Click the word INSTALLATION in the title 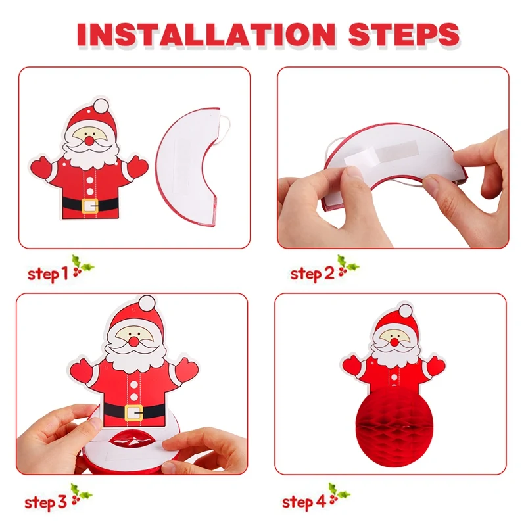tap(206, 35)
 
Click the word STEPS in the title tap(404, 35)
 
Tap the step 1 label tap(47, 274)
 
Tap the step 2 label tap(312, 274)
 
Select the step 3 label tap(45, 502)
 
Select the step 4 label tap(304, 502)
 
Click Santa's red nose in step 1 tap(89, 140)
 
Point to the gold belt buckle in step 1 tap(89, 206)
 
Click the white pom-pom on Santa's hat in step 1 tap(101, 106)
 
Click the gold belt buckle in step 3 tap(133, 413)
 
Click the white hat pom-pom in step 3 tap(147, 304)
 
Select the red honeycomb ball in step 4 tap(394, 425)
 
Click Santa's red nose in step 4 tap(394, 342)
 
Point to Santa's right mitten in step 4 tap(437, 366)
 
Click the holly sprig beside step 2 tap(348, 265)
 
